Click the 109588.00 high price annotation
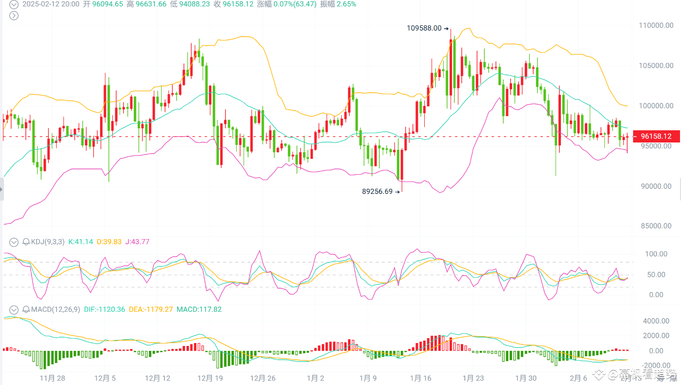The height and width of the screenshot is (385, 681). click(x=424, y=28)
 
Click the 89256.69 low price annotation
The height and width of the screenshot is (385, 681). click(x=377, y=192)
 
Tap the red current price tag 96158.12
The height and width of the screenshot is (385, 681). click(x=656, y=136)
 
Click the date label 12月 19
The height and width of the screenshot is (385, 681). click(x=210, y=378)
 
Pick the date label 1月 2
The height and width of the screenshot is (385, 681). click(x=315, y=378)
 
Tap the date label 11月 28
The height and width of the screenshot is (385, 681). click(x=52, y=378)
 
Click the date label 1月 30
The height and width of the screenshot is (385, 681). click(x=525, y=378)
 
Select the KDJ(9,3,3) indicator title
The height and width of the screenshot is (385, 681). click(x=47, y=242)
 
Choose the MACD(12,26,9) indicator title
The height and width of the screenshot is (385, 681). click(x=55, y=309)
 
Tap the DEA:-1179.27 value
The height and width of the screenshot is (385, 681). click(x=151, y=309)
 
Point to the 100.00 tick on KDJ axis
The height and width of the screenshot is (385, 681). click(x=656, y=254)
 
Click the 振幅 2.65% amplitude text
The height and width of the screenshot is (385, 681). click(x=338, y=4)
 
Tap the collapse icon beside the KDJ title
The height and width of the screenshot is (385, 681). click(x=14, y=242)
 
